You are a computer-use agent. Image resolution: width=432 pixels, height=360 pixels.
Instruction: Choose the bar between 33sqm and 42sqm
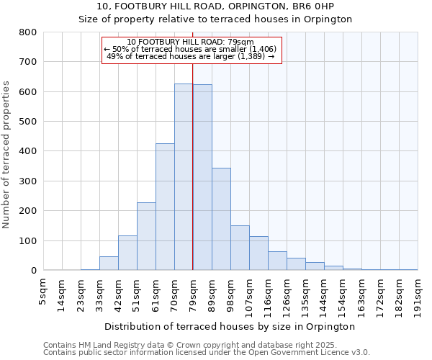(x=109, y=264)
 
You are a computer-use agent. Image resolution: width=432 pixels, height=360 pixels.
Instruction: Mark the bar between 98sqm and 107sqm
(x=240, y=248)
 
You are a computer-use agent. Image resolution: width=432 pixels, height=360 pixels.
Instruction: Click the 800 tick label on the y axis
(x=28, y=32)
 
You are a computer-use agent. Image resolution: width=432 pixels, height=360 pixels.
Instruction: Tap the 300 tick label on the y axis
(x=28, y=181)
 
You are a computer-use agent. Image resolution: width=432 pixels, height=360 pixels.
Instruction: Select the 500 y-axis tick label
(x=28, y=122)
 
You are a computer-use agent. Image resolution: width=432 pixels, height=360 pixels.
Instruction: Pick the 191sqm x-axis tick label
(x=418, y=293)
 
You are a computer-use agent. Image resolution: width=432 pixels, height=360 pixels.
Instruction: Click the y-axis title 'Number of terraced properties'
(x=6, y=154)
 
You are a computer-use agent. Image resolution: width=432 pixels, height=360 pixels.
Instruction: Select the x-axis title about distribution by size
(x=230, y=326)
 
